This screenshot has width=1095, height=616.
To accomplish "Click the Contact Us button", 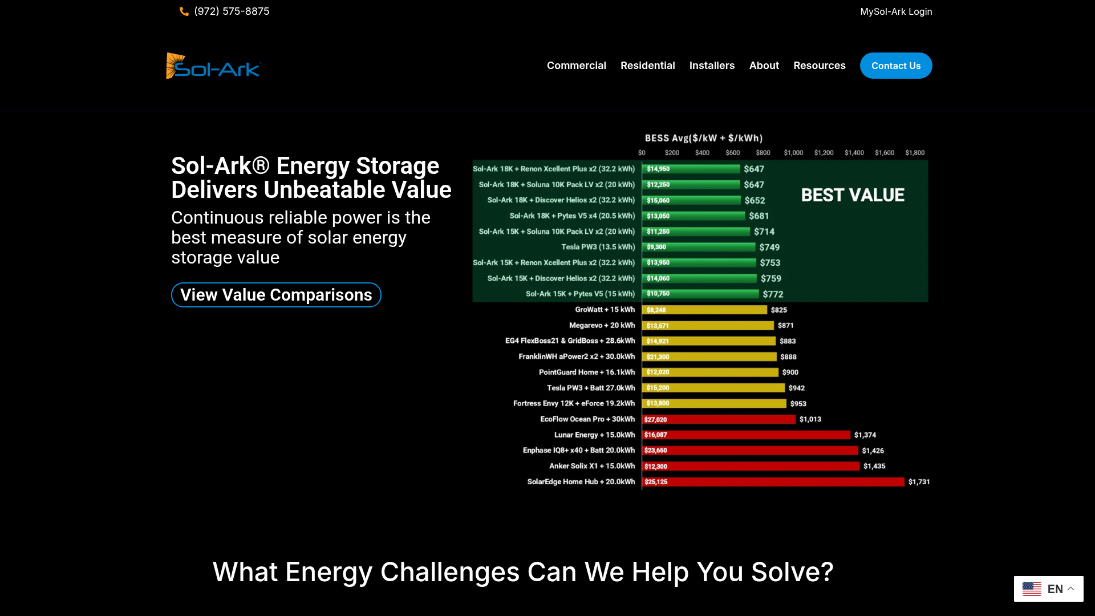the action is pos(896,66).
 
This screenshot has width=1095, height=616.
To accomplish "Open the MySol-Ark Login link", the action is pos(896,11).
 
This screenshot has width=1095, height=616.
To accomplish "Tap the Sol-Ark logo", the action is pos(213,66).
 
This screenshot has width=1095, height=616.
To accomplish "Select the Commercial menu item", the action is pos(577,66).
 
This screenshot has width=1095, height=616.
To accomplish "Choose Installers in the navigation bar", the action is pos(712,66).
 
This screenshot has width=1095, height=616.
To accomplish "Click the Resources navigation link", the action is pos(820,66).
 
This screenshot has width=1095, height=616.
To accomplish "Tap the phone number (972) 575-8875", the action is pos(232,11).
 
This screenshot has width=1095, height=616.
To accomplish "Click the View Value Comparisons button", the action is pos(276,295).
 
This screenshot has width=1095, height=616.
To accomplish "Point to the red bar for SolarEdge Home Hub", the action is pos(773,482).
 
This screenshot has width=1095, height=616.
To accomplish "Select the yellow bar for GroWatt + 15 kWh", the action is pos(705,310).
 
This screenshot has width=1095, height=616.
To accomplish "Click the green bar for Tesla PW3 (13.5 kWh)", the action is pos(699,247).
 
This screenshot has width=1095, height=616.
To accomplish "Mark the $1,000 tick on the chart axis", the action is pos(793,153).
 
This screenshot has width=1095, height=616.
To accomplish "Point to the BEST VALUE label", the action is pos(853,195).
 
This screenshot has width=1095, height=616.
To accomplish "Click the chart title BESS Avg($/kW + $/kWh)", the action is pos(704,138).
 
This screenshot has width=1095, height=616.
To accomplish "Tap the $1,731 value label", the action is pos(919,482).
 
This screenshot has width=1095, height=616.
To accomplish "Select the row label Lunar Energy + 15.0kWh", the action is pos(594,435).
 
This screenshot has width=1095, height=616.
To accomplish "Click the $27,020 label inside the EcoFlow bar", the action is pos(655,420).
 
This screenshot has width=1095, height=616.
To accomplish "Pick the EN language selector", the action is pos(1048,589).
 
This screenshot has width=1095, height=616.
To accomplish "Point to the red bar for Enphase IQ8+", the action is pos(751,451).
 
